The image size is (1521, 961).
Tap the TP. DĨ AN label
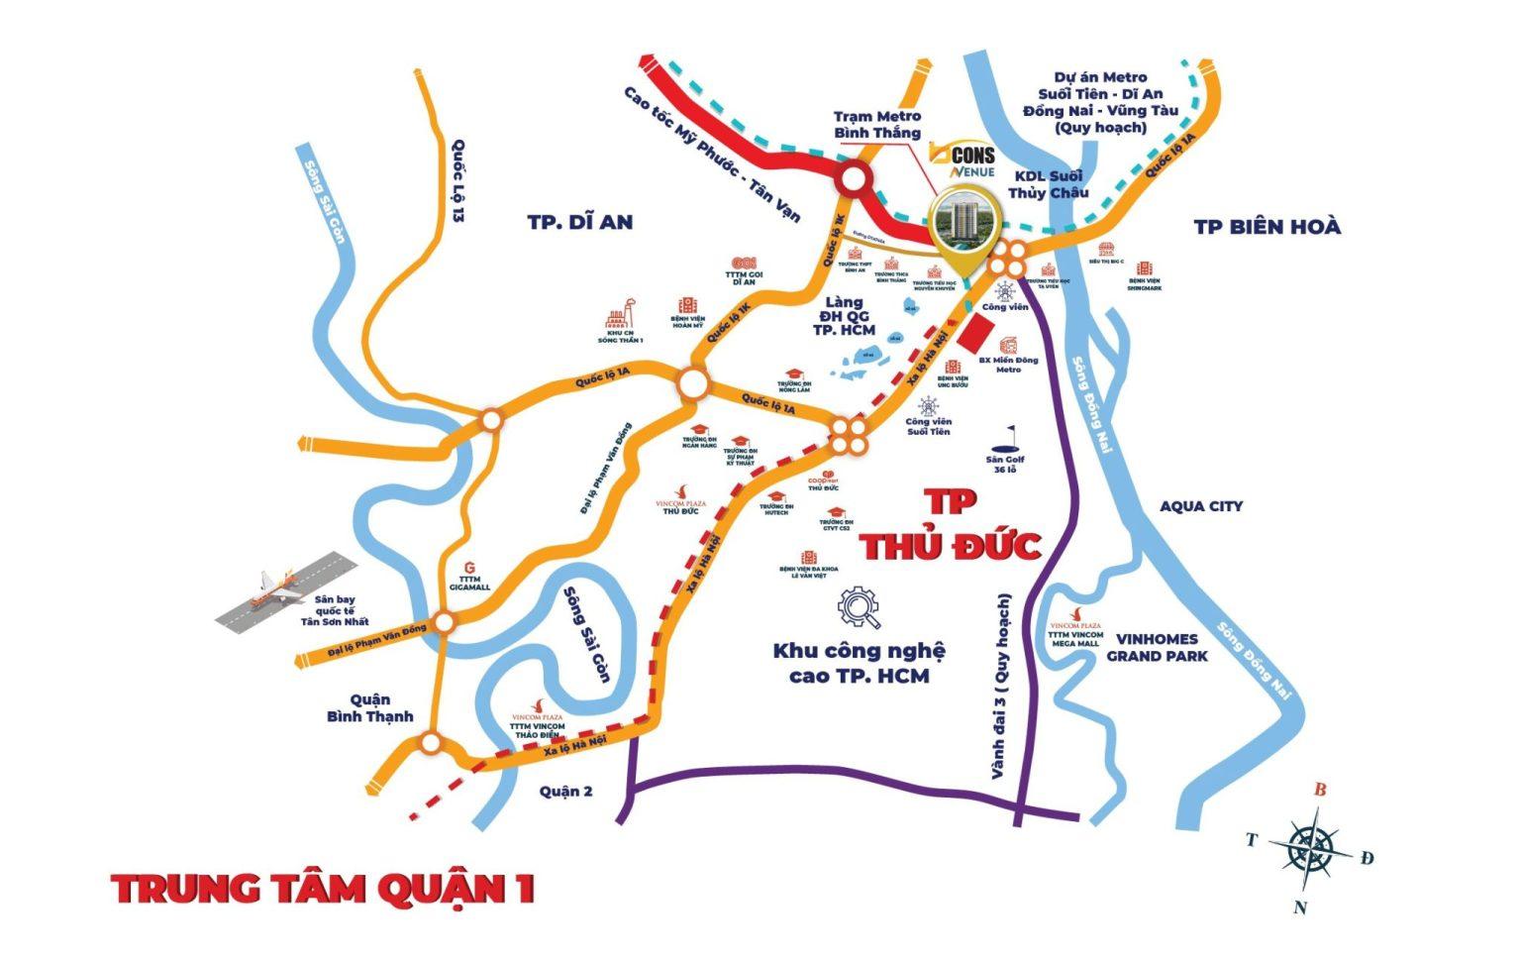579,222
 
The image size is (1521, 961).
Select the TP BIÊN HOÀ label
1267,227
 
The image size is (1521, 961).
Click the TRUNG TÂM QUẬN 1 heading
324,889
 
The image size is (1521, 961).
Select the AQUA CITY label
1201,506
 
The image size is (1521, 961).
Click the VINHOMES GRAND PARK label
1157,647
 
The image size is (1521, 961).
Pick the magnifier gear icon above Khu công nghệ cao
859,607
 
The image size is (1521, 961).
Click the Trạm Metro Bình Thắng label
876,125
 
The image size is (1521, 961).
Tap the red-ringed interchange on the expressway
852,180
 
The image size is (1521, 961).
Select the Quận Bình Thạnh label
369,707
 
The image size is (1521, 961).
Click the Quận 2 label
565,791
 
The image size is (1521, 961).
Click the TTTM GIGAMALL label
469,584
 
